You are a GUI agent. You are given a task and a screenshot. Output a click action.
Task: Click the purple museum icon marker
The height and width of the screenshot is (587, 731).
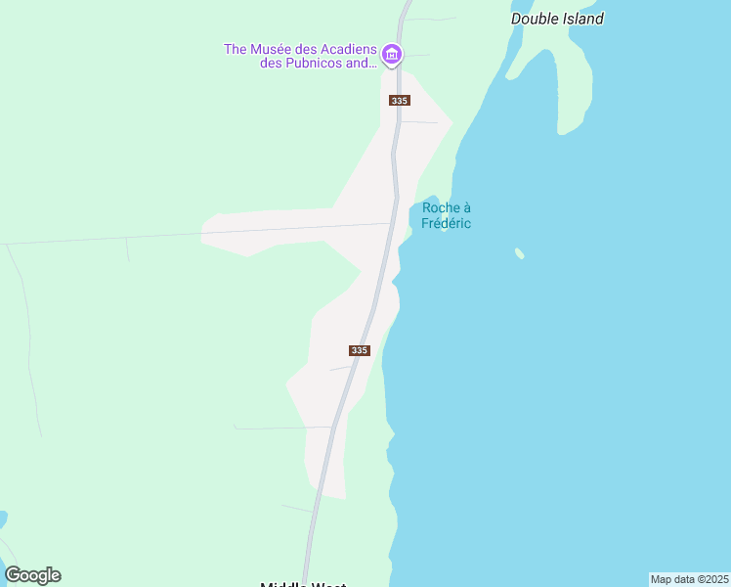click(x=392, y=54)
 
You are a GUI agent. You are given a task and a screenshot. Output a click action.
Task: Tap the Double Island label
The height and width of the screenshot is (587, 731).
click(x=557, y=19)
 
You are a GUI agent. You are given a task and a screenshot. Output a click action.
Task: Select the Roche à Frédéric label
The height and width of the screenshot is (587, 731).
click(x=446, y=215)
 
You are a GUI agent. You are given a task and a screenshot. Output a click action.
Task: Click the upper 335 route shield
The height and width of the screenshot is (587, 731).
click(x=399, y=101)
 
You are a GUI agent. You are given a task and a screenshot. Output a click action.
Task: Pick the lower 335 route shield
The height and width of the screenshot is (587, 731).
click(x=359, y=350)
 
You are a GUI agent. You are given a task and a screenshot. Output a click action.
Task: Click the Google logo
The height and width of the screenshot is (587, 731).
click(x=32, y=575)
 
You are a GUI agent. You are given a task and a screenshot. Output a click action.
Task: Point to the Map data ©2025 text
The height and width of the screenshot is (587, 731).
click(x=689, y=579)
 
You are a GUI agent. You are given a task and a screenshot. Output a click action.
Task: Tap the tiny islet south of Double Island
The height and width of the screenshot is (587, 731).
click(x=520, y=253)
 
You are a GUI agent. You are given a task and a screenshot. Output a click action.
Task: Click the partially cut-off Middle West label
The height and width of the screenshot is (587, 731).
click(x=303, y=585)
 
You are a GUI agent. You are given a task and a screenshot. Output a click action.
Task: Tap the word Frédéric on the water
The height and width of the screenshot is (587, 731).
click(x=446, y=223)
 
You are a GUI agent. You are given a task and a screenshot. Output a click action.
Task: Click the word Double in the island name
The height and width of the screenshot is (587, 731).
click(x=534, y=19)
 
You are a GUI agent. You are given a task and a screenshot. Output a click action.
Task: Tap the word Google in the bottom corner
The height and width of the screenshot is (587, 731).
click(x=32, y=575)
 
